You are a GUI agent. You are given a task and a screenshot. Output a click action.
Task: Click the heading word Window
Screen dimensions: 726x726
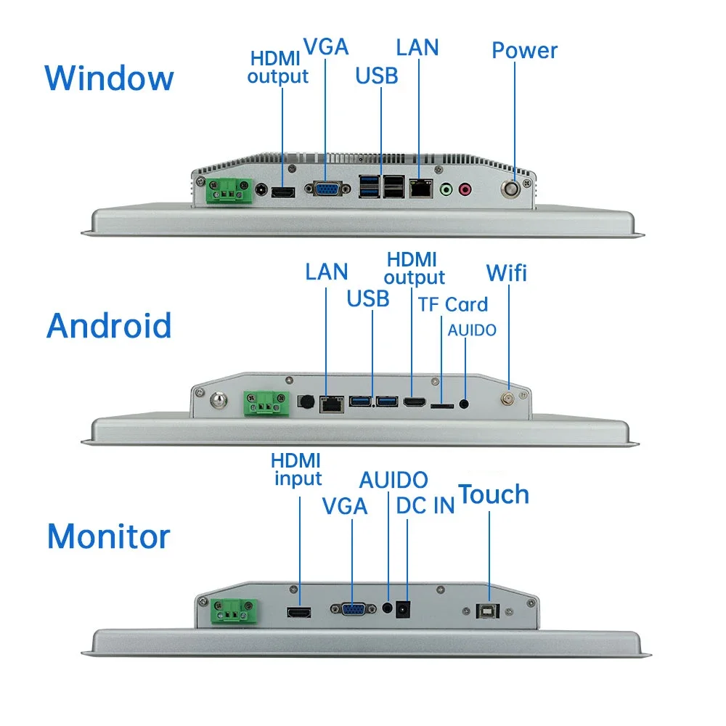(109, 78)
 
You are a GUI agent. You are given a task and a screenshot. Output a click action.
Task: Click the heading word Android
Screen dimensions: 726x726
(109, 326)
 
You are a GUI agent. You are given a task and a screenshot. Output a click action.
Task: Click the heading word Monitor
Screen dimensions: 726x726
(108, 537)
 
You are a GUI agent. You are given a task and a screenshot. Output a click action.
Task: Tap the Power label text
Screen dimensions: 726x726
(524, 51)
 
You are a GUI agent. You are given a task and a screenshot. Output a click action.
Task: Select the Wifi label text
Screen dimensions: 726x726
(506, 273)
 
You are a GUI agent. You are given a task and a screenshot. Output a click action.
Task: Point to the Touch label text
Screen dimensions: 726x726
(494, 494)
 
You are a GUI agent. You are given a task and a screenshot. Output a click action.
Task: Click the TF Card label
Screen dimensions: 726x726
(453, 304)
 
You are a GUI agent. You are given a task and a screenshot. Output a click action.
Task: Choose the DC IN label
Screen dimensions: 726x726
(425, 506)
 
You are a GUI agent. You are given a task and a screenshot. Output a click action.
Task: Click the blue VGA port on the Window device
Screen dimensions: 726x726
(324, 189)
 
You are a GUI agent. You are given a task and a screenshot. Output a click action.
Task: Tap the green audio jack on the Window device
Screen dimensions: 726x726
(446, 189)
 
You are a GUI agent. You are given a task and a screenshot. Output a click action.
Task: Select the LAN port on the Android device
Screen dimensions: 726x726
(332, 403)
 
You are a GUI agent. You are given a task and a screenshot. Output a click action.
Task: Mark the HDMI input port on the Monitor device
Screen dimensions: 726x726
(298, 613)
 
